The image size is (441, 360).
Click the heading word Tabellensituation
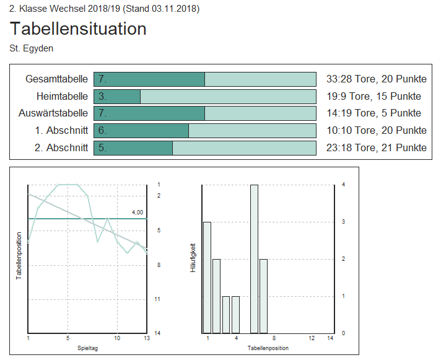(78, 29)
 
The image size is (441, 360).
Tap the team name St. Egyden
(31, 48)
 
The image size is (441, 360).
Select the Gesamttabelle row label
(56, 79)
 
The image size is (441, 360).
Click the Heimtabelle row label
(62, 96)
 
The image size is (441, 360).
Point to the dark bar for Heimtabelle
(117, 96)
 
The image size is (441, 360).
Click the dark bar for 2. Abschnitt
(133, 147)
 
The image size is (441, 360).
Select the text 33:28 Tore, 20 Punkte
(376, 79)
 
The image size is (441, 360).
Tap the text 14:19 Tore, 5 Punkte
(373, 113)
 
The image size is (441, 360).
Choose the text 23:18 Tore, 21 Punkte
(376, 147)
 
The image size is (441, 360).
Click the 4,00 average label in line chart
(137, 213)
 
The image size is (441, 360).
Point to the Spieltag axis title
(87, 348)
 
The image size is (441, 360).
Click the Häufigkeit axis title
(193, 258)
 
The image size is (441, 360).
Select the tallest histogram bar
(254, 258)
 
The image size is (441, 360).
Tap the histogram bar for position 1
(207, 277)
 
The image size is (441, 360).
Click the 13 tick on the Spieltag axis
(147, 338)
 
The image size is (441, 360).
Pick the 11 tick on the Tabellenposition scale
(157, 299)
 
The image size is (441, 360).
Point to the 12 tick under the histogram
(312, 338)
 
